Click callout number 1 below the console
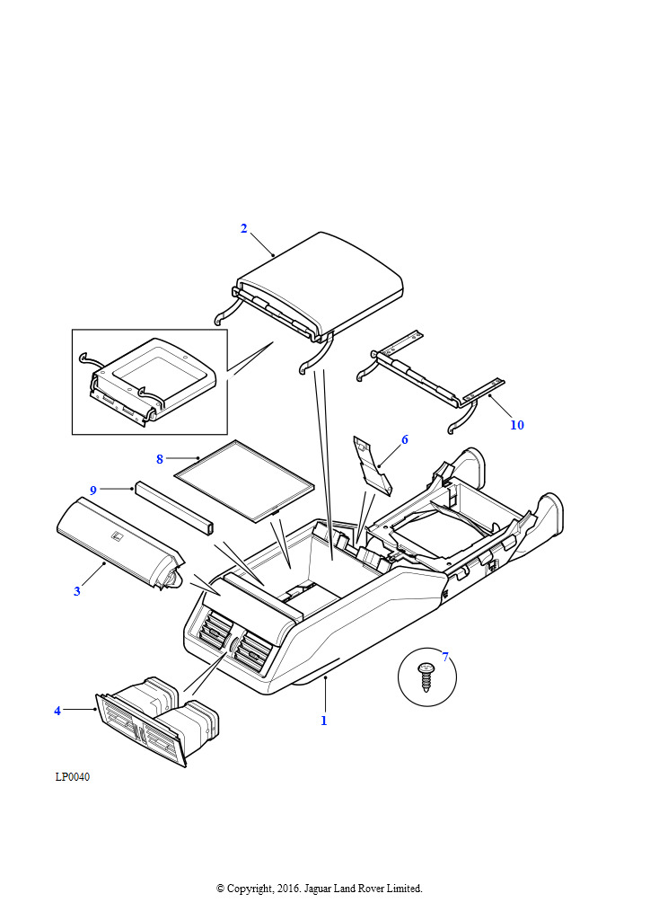[324, 721]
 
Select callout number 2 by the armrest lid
[243, 228]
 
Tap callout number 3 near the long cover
[77, 591]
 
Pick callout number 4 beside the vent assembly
[57, 711]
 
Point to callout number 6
[405, 439]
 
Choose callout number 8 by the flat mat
[160, 459]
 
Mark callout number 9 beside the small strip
[92, 490]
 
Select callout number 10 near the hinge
[517, 425]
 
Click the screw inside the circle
[426, 675]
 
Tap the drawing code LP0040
[73, 777]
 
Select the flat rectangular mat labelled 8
[243, 482]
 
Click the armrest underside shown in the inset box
[153, 377]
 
